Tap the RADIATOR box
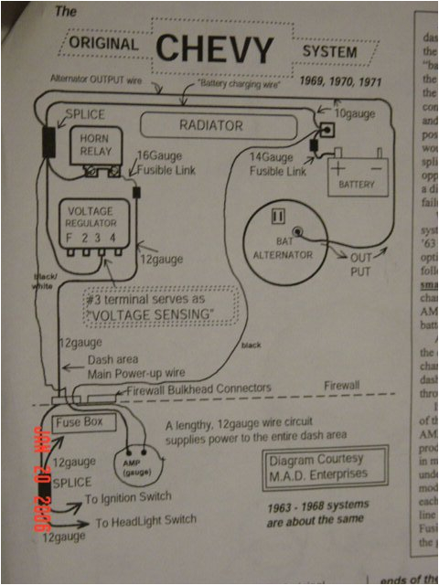pyautogui.click(x=210, y=124)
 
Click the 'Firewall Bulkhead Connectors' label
pyautogui.click(x=201, y=388)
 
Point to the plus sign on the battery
pyautogui.click(x=340, y=167)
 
